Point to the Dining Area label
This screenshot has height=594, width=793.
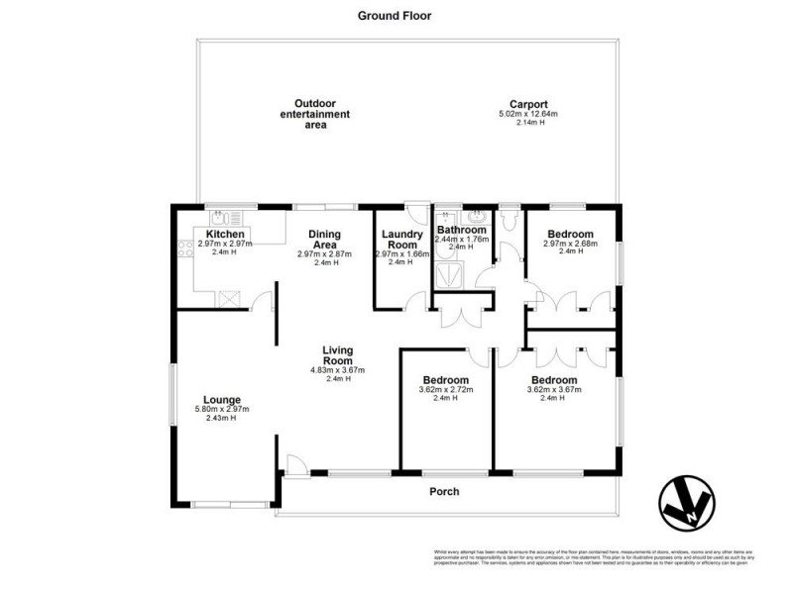(323, 239)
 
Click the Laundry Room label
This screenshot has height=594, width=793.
(402, 238)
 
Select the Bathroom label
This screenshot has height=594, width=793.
(462, 230)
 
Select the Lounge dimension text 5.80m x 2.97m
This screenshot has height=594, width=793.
(222, 409)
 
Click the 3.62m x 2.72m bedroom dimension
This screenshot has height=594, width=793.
(445, 389)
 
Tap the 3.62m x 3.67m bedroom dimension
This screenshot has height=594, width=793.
(553, 389)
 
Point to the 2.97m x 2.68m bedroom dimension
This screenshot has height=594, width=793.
(570, 244)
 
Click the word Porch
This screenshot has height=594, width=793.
(444, 491)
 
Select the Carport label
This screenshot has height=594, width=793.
(528, 104)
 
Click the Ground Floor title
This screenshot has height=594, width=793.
(394, 16)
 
